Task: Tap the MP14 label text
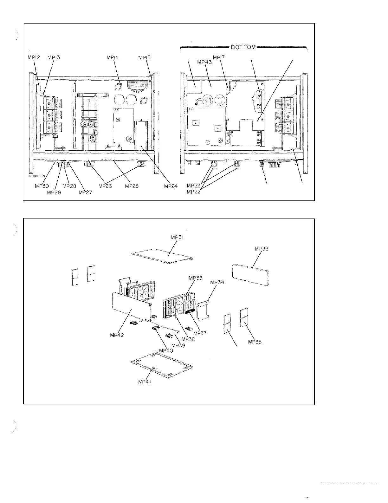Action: coord(113,58)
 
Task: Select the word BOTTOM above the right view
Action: coord(243,47)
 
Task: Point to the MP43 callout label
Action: coord(204,62)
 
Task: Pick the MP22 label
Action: coord(194,192)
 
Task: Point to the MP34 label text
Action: coord(217,282)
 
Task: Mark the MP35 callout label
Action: coord(255,342)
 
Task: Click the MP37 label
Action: coord(200,333)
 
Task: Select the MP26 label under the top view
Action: coord(105,186)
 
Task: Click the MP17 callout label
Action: coord(219,58)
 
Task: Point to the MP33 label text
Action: coord(195,278)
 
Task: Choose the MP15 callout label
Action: coord(145,58)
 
